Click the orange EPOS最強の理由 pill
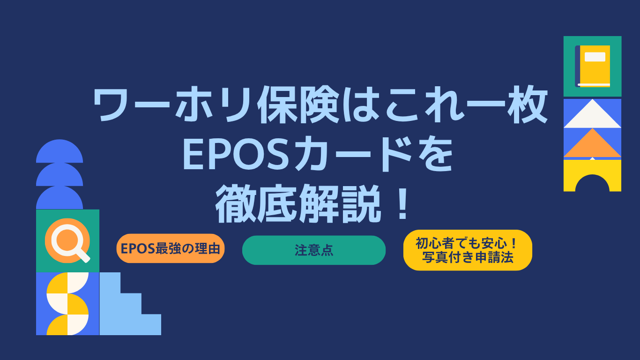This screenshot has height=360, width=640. pyautogui.click(x=170, y=248)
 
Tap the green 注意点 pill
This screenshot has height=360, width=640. pyautogui.click(x=314, y=250)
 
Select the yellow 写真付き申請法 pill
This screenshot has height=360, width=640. pyautogui.click(x=468, y=250)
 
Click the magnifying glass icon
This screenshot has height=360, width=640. pyautogui.click(x=68, y=241)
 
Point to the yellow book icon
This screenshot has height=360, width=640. pyautogui.click(x=592, y=67)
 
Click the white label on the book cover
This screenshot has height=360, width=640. pyautogui.click(x=595, y=57)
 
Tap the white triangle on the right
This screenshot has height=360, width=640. pyautogui.click(x=592, y=113)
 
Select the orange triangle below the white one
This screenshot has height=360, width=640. pyautogui.click(x=592, y=142)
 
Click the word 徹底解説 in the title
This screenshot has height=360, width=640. pyautogui.click(x=298, y=203)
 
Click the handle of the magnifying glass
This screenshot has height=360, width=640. pyautogui.click(x=83, y=255)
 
